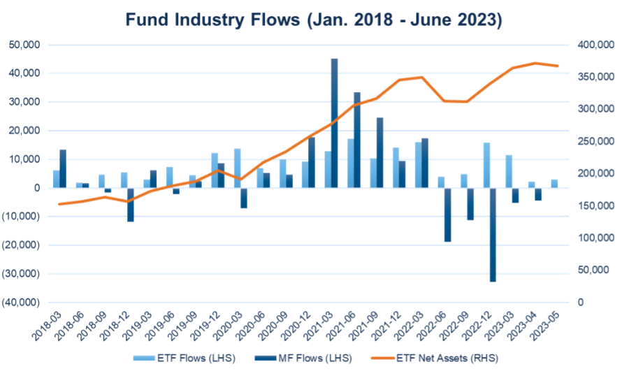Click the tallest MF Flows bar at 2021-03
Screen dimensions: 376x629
point(334,123)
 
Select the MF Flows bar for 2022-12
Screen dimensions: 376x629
point(492,235)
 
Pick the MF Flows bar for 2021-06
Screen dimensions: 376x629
point(356,140)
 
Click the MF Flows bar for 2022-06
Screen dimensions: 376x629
point(447,215)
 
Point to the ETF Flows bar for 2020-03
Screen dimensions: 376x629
point(237,168)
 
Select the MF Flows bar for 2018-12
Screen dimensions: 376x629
point(131,205)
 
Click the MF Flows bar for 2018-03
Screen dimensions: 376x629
point(63,168)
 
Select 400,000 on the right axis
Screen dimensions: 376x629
point(595,45)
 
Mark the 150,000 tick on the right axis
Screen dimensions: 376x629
point(595,205)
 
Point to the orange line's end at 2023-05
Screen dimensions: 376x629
point(558,66)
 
